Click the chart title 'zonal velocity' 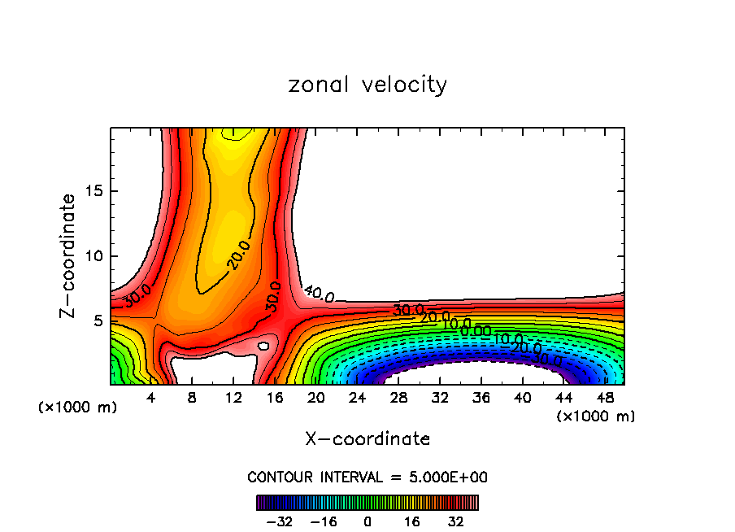click(367, 85)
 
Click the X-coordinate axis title click(367, 439)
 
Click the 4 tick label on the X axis click(151, 398)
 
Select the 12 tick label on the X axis click(233, 398)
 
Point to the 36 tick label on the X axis click(481, 398)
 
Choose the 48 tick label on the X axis click(604, 398)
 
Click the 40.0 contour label click(319, 294)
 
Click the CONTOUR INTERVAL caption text click(367, 477)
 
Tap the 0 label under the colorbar click(367, 521)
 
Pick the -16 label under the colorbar click(324, 521)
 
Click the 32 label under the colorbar click(455, 521)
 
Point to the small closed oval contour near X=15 click(263, 346)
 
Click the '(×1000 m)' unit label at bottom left click(78, 408)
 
